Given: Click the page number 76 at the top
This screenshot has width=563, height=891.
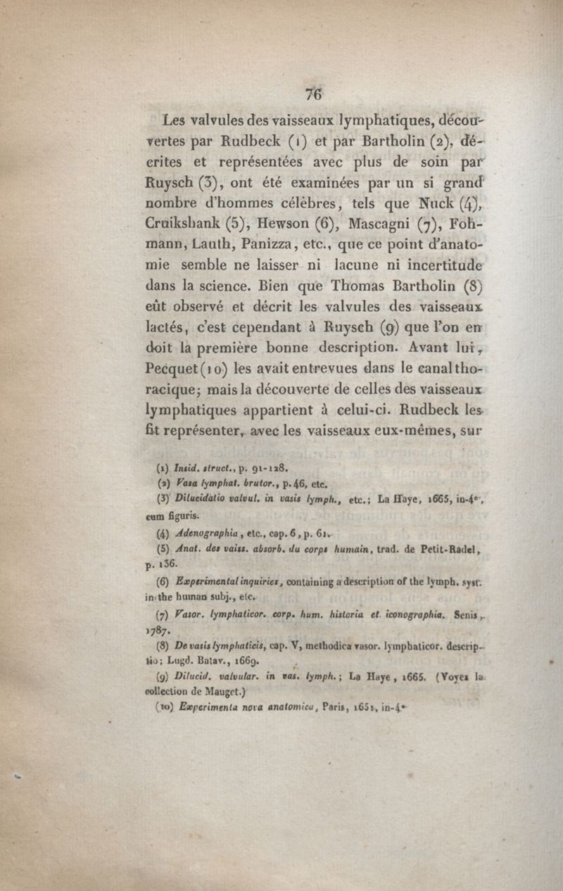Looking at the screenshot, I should [x=314, y=94].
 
